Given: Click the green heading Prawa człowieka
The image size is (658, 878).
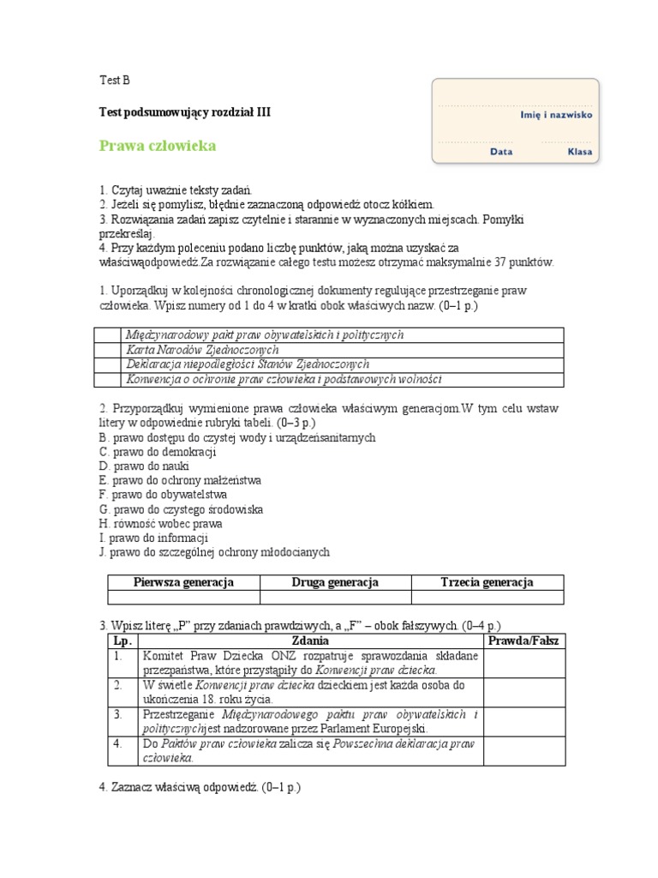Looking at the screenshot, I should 158,146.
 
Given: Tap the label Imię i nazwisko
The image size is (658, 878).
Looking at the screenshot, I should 556,113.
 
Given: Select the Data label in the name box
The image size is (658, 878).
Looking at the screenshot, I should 501,152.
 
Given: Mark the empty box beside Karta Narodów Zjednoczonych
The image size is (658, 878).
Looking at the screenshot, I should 107,350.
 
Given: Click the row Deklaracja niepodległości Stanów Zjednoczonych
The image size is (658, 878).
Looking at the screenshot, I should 248,364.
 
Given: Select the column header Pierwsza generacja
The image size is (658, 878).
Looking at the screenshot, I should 183,582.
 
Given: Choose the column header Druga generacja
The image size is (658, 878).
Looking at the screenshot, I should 335,582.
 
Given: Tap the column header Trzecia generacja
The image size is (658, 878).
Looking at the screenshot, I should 488,582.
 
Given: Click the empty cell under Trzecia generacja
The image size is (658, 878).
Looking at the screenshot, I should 488,597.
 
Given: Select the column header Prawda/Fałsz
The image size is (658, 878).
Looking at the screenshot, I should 523,640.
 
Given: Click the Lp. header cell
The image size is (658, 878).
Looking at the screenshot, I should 118,640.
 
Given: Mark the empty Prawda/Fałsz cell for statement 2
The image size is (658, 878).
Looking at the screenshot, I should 523,692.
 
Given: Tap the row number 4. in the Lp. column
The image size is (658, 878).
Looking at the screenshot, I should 118,743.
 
